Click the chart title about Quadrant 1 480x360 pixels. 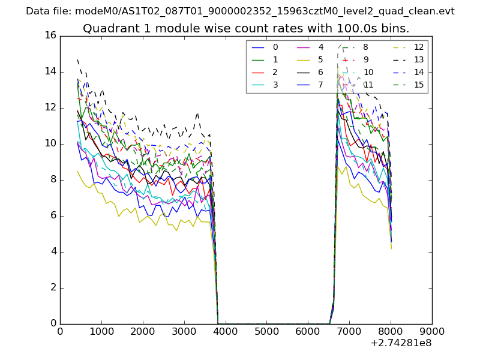pos(246,28)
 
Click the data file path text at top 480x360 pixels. pos(240,11)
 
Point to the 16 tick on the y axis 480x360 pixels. pos(50,36)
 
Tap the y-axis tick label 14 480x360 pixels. pos(50,72)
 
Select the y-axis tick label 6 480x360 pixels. pos(53,216)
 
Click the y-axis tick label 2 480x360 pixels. pos(53,288)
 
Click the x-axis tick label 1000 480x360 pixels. pos(101,331)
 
